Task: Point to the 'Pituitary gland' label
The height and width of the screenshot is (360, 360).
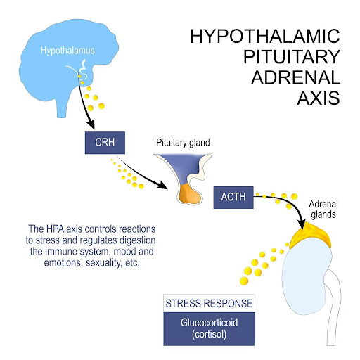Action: tap(184, 142)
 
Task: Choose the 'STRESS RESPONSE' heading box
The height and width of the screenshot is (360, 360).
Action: tap(209, 304)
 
